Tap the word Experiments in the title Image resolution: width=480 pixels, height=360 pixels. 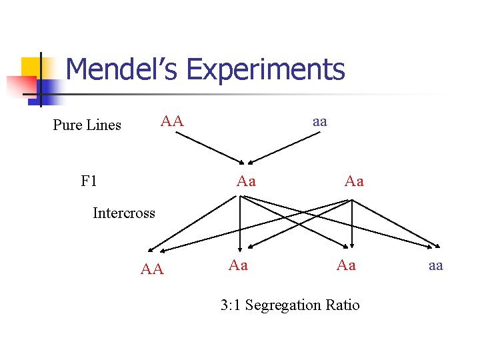click(266, 69)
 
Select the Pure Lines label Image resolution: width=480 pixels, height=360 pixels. click(87, 125)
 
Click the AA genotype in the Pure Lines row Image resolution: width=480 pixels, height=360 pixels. click(171, 121)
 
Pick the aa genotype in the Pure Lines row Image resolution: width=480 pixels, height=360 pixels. click(319, 121)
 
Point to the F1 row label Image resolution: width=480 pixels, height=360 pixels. click(89, 181)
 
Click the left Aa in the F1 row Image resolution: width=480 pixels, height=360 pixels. click(246, 181)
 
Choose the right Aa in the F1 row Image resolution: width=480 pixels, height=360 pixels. click(354, 181)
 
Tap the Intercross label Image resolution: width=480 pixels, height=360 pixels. click(123, 213)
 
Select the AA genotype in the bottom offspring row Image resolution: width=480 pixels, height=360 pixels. click(152, 269)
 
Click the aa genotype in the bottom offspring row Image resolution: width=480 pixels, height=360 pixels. click(435, 265)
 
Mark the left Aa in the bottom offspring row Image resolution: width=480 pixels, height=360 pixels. click(238, 265)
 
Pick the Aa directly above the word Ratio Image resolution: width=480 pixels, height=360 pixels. click(346, 265)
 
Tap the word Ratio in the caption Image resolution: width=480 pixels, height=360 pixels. click(343, 305)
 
